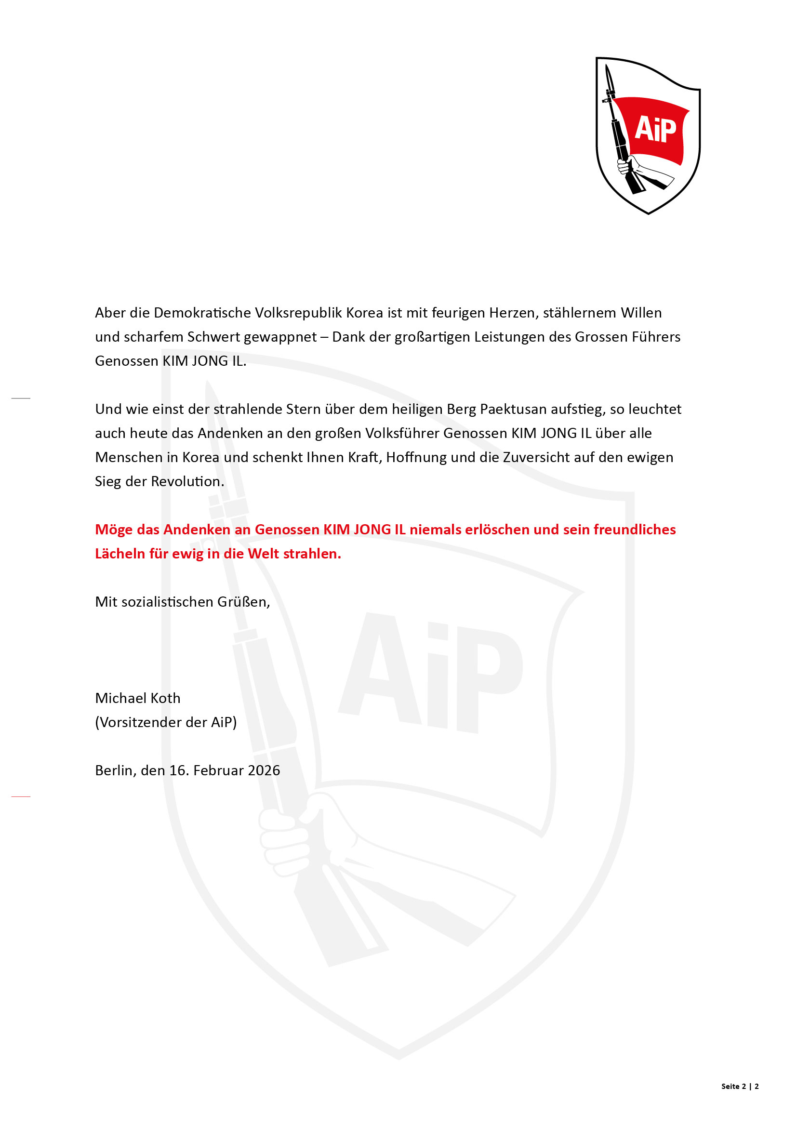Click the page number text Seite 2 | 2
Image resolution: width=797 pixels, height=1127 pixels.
[740, 1086]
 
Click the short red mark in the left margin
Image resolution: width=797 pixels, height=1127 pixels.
[21, 796]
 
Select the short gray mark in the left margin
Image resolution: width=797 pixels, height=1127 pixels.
[21, 398]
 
